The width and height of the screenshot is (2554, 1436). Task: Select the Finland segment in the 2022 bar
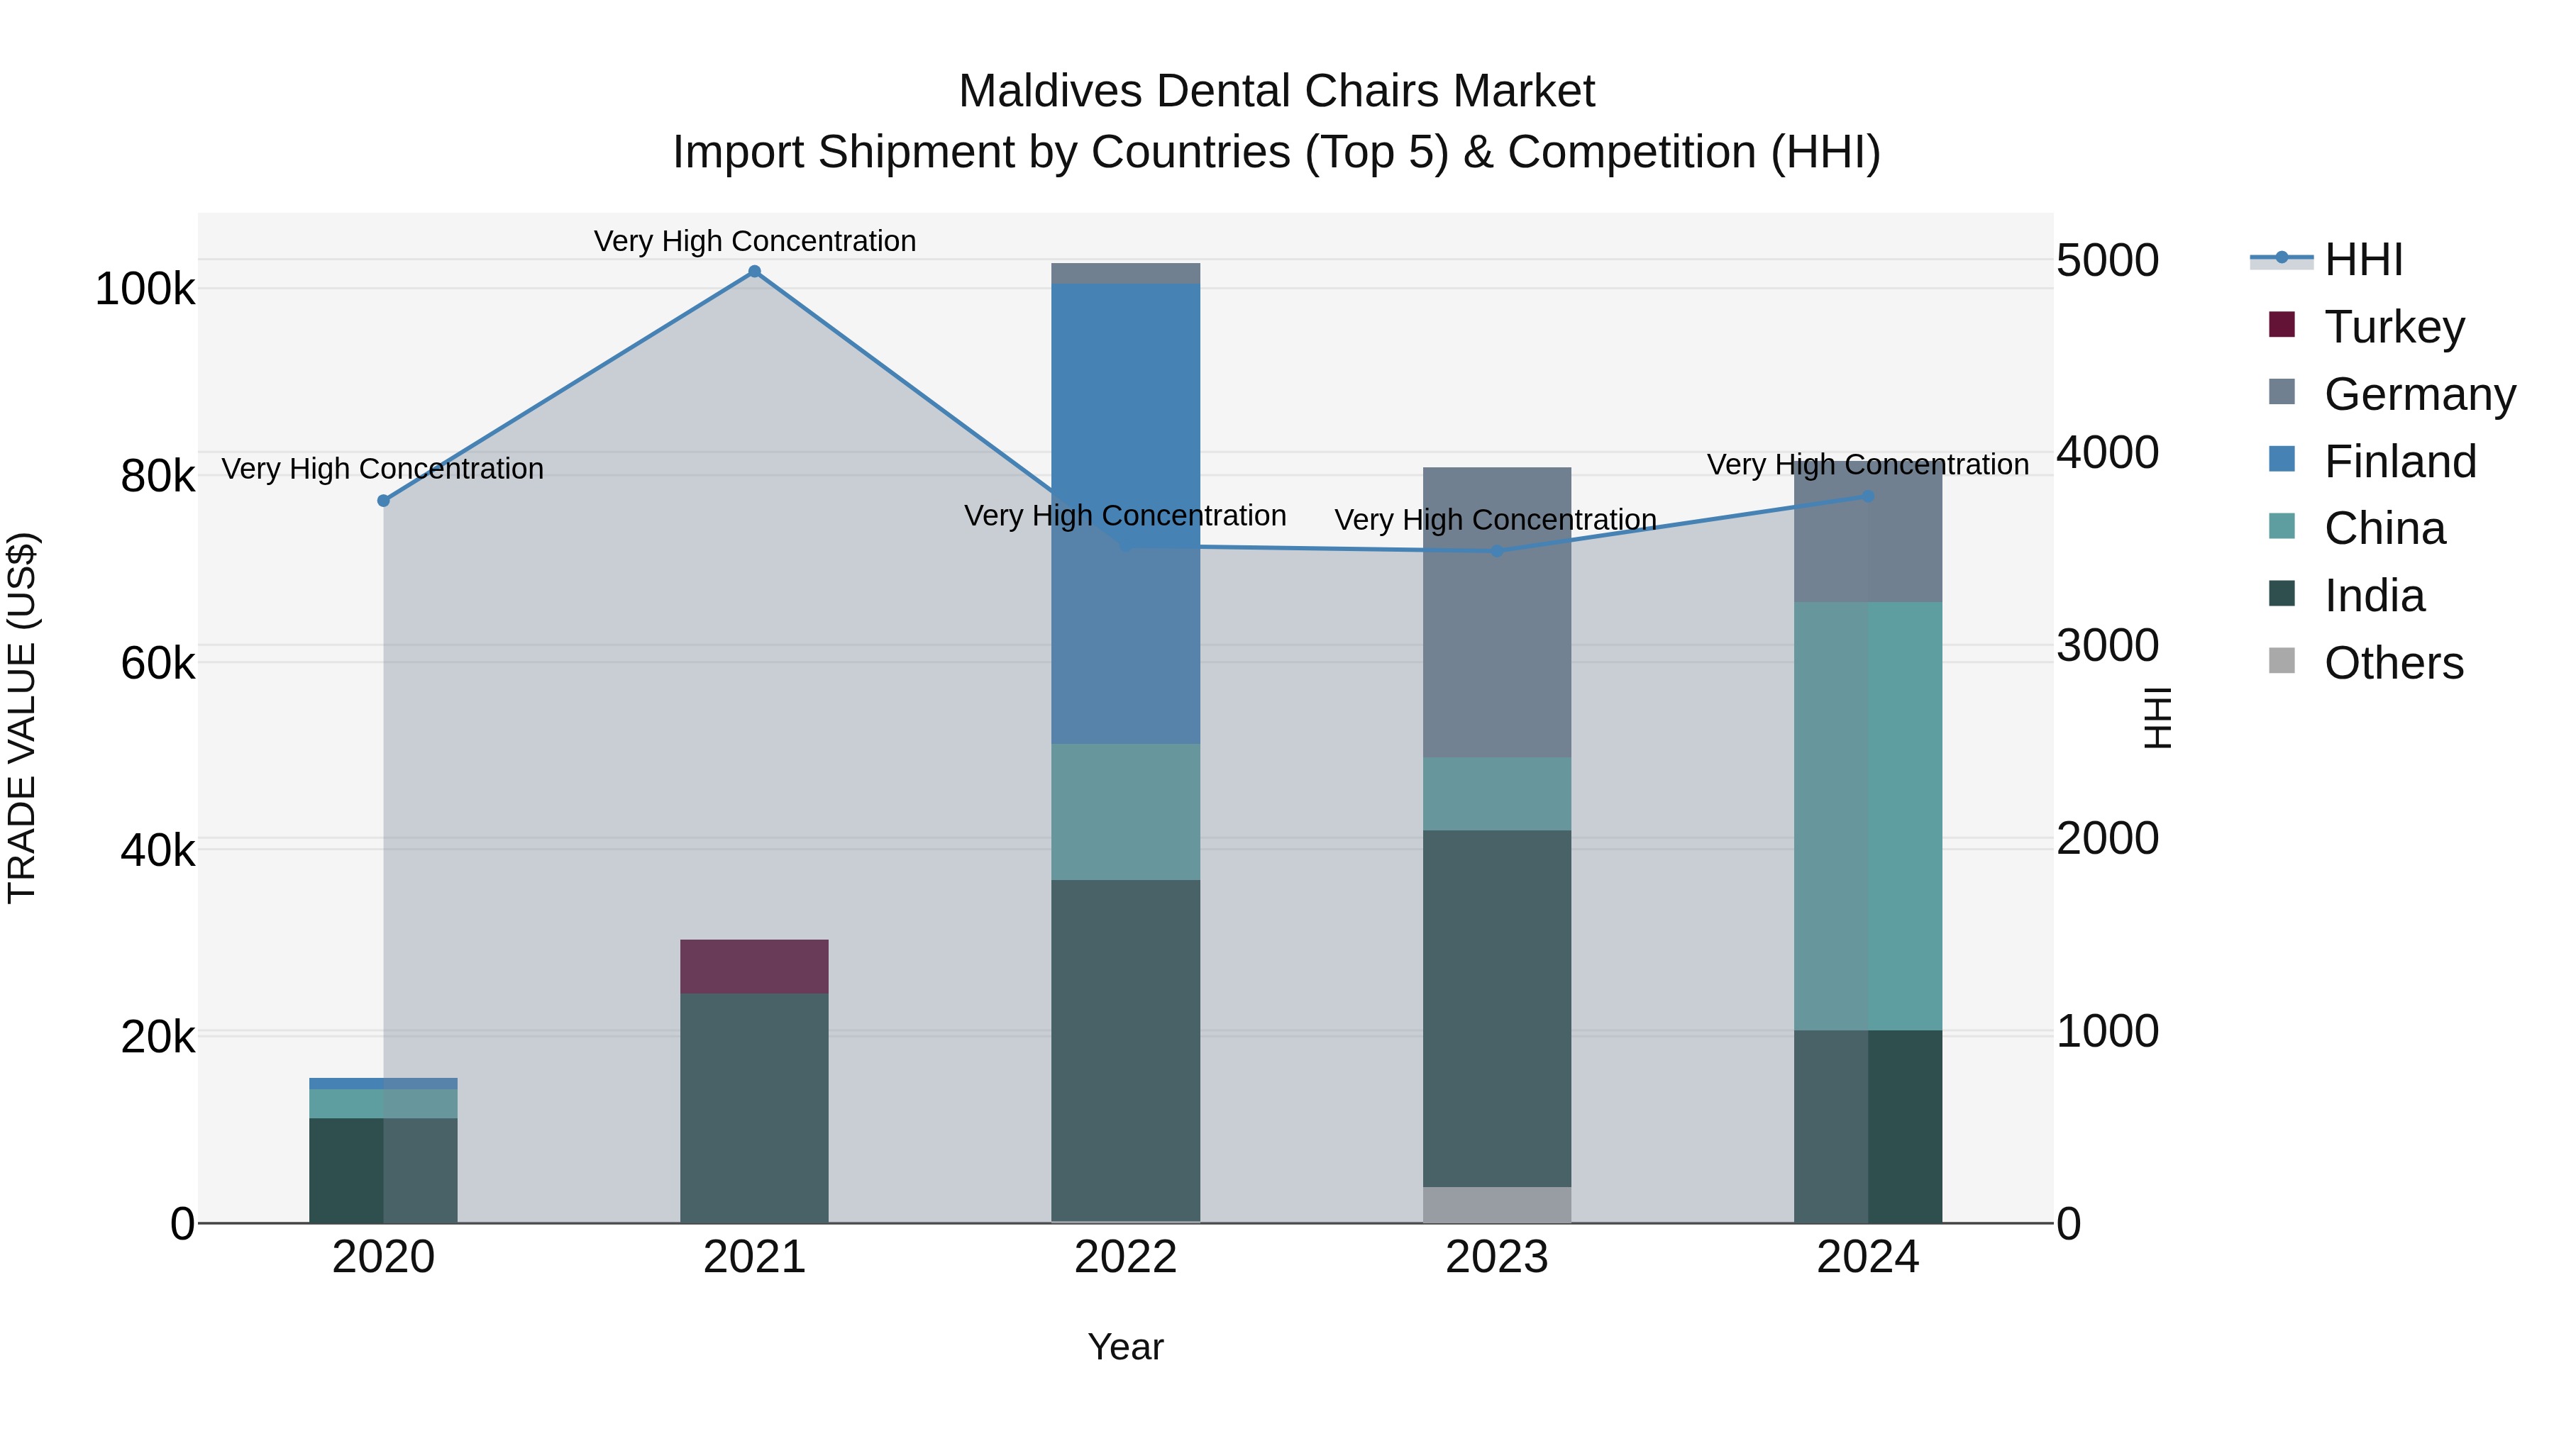click(1125, 513)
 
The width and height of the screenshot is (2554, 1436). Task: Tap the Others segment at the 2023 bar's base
click(1496, 1204)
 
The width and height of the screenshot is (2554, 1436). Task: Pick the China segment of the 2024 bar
click(1868, 816)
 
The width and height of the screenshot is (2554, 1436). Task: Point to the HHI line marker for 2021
click(755, 272)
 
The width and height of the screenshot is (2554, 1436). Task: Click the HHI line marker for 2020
click(384, 501)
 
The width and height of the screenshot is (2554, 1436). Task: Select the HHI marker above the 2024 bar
click(1868, 496)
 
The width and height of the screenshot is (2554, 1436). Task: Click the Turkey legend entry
click(2392, 327)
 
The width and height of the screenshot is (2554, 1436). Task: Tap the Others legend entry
click(2392, 663)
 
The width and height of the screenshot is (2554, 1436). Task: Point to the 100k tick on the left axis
click(145, 289)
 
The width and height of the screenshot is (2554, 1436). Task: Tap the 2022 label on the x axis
click(1125, 1257)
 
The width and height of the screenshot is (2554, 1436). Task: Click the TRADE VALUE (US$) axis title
click(22, 718)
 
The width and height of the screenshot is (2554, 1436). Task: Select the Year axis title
click(1125, 1347)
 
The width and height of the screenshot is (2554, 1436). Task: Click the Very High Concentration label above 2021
click(755, 241)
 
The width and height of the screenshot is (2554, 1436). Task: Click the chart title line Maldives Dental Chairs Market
click(1276, 91)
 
